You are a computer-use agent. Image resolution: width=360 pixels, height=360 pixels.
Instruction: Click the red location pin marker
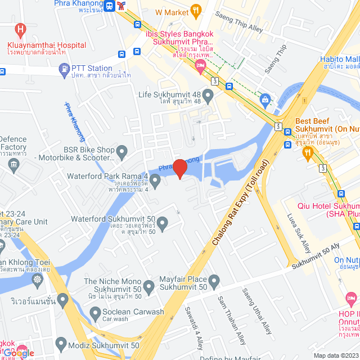(179, 168)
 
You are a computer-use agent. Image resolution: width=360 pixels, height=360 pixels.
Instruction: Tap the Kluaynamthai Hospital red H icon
(21, 29)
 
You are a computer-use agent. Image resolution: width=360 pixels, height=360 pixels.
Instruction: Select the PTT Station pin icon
(64, 69)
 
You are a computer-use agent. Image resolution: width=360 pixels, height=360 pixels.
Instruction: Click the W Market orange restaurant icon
(196, 10)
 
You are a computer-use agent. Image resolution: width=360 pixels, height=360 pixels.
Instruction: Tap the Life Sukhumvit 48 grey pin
(208, 96)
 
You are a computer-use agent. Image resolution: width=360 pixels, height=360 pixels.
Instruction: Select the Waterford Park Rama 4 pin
(156, 181)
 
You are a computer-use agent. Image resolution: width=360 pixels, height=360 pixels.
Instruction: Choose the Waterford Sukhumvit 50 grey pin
(163, 224)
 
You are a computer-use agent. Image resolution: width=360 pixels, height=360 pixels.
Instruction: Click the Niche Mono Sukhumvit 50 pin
(149, 287)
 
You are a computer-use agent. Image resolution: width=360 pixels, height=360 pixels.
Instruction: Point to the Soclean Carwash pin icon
(94, 313)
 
